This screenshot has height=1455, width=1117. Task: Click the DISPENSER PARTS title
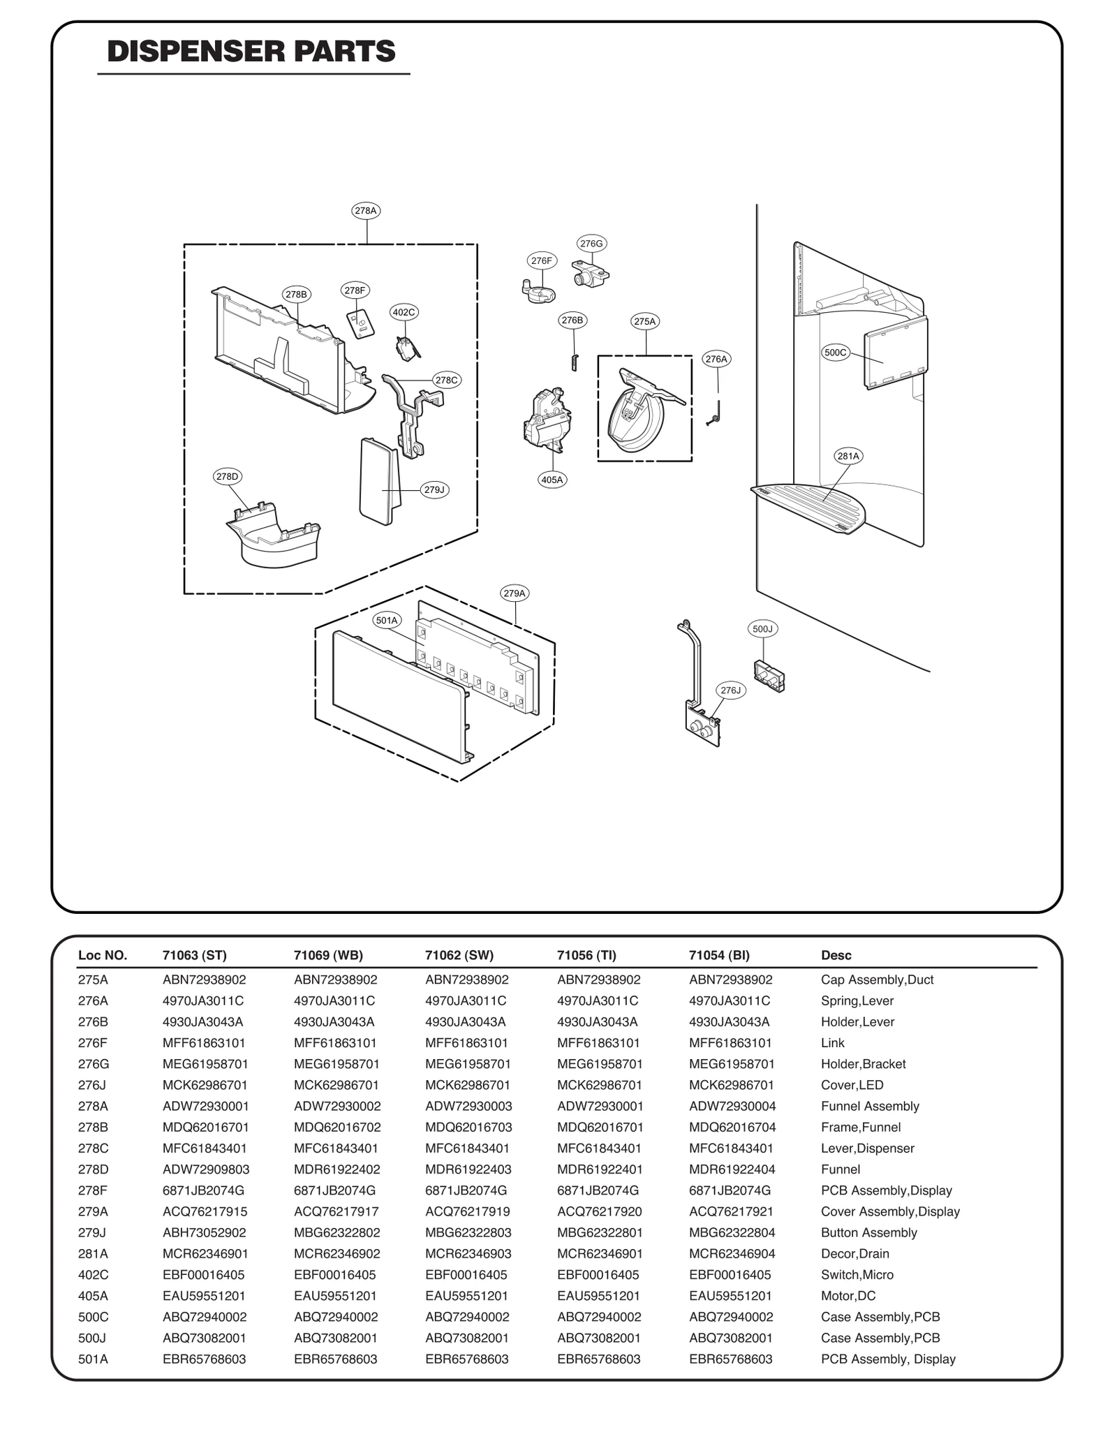(251, 52)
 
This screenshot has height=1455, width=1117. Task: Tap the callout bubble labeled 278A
(366, 210)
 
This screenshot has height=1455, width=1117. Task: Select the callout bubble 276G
(591, 243)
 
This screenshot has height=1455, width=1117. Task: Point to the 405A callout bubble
(552, 480)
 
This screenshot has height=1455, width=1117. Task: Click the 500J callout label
(762, 628)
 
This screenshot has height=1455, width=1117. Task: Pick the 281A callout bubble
(848, 456)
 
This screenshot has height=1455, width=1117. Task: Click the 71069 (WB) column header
(328, 955)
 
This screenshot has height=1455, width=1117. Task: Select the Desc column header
(836, 955)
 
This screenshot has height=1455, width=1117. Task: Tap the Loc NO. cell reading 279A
(93, 1211)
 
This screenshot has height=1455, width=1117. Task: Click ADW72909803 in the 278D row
(206, 1169)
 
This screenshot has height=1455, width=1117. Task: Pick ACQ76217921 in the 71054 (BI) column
(731, 1211)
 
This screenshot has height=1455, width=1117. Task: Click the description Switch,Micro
(857, 1274)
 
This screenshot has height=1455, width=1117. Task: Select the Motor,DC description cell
(848, 1295)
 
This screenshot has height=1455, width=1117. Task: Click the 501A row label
(93, 1359)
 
